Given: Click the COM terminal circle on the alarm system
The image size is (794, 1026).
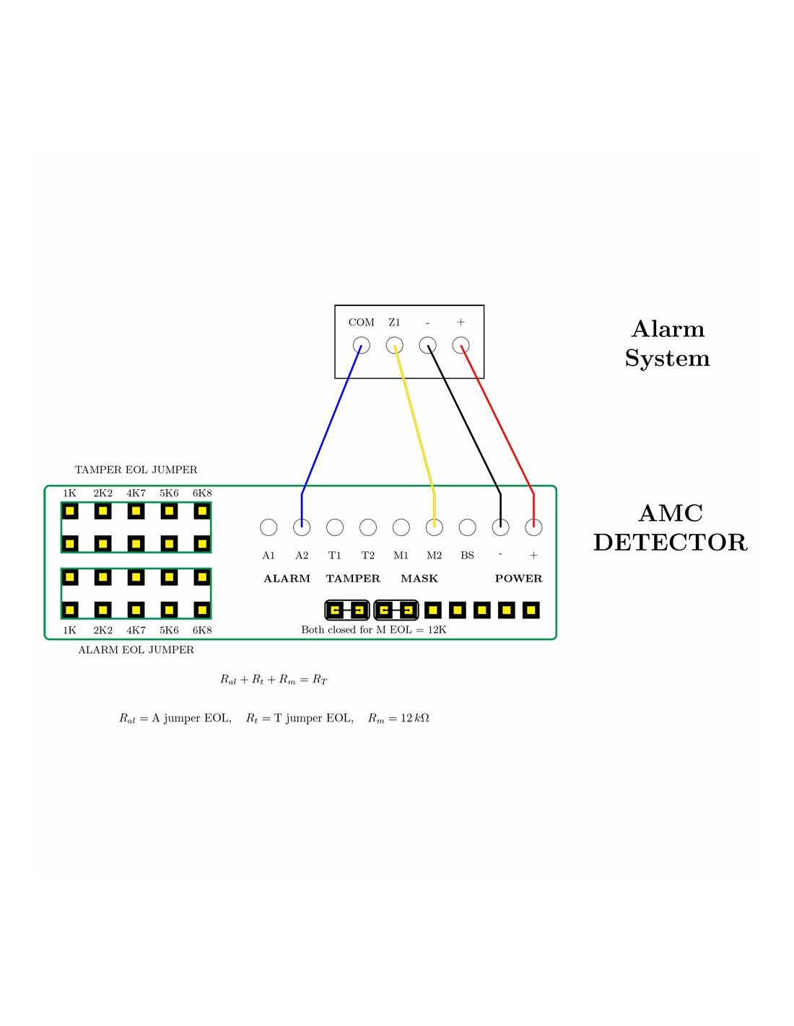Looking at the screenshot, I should (x=361, y=346).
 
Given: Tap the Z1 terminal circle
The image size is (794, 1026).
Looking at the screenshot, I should (x=394, y=346).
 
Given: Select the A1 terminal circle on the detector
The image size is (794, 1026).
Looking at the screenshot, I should (x=269, y=527).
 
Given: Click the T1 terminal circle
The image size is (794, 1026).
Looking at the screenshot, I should (x=335, y=527).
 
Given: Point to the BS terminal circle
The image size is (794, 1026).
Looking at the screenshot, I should (x=468, y=527).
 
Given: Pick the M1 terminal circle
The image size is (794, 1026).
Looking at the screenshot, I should (x=401, y=527).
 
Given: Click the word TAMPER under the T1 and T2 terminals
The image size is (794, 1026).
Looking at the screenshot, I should (x=353, y=579).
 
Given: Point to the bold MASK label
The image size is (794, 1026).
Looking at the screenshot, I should (x=419, y=579).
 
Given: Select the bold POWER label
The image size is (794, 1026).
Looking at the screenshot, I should (x=518, y=579).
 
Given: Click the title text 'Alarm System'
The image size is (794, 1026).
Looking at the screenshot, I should (x=668, y=343).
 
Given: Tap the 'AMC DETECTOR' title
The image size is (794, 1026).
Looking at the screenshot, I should (x=670, y=527).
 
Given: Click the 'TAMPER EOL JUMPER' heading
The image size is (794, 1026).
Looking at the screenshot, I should (x=136, y=470).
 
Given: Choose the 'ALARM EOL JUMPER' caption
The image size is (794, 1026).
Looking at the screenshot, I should (x=136, y=650).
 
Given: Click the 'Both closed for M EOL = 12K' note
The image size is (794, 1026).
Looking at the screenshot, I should (x=374, y=630).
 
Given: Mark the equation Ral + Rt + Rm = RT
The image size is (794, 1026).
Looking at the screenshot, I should (x=274, y=680).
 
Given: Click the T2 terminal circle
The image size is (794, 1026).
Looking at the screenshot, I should (x=368, y=527).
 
